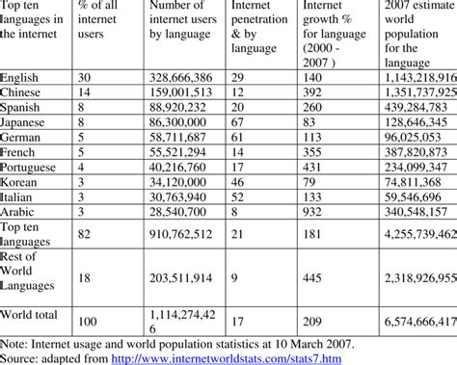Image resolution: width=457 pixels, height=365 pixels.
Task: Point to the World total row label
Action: click(32, 315)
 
